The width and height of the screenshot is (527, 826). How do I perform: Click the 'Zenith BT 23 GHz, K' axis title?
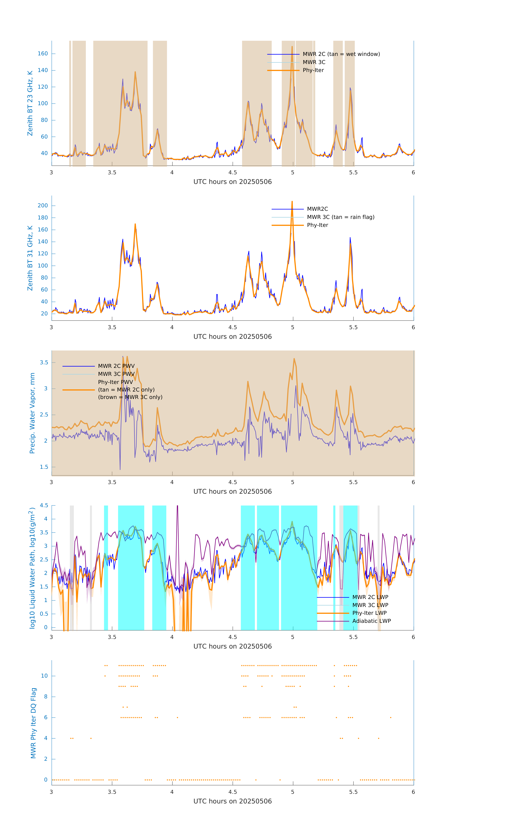pyautogui.click(x=30, y=103)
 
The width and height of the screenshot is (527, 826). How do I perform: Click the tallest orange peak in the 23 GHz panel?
pyautogui.click(x=292, y=47)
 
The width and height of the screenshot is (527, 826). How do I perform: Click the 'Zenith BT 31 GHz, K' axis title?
pyautogui.click(x=30, y=258)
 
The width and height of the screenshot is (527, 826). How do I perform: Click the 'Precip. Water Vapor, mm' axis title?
pyautogui.click(x=32, y=413)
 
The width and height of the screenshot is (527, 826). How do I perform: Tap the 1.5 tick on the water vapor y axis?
pyautogui.click(x=44, y=467)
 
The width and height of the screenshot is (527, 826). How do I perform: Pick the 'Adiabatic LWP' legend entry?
pyautogui.click(x=371, y=621)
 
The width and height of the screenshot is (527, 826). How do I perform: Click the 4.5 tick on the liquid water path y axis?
pyautogui.click(x=44, y=505)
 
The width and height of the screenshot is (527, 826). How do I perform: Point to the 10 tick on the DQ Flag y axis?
pyautogui.click(x=44, y=676)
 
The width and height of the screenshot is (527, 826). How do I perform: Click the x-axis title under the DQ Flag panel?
pyautogui.click(x=232, y=801)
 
